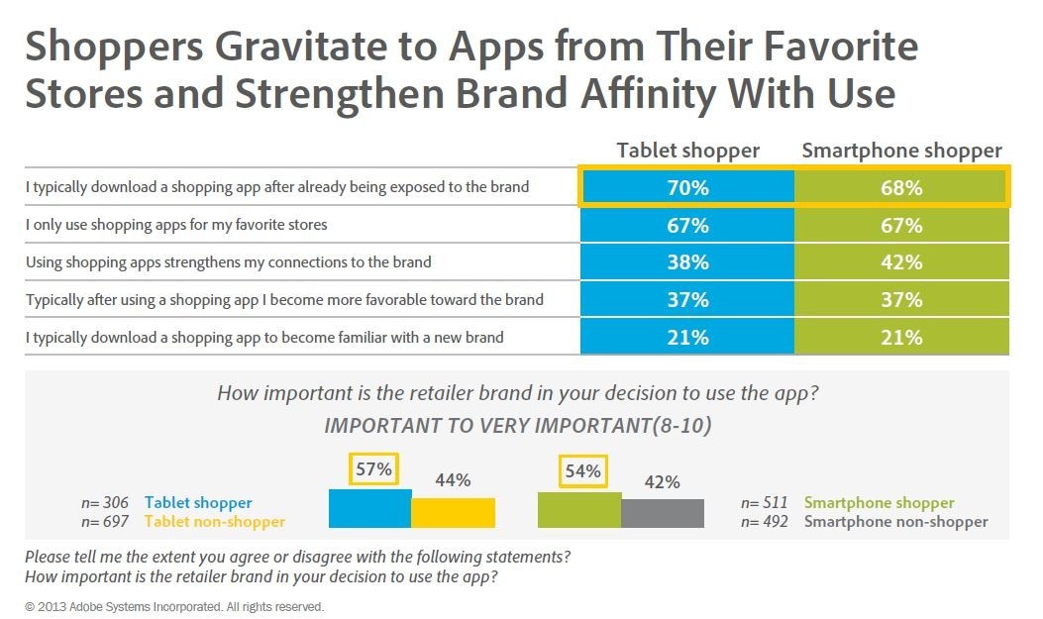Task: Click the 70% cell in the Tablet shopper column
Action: tap(687, 187)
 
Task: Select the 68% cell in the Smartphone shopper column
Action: tap(901, 187)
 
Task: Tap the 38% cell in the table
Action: tap(687, 262)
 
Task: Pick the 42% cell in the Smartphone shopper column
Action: tap(901, 262)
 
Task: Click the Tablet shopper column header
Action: tap(687, 151)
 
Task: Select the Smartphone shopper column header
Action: tap(901, 151)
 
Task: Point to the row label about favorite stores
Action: tap(176, 225)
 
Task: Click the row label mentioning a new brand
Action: tap(264, 338)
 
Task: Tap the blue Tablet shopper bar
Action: tap(369, 508)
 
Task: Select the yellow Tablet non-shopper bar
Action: tap(453, 512)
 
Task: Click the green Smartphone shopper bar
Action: tap(578, 509)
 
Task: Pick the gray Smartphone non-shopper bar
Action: tap(662, 513)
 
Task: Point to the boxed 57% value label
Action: tap(372, 470)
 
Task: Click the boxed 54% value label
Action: tap(582, 471)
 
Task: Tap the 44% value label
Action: tap(453, 481)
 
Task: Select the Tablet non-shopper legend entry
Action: tap(214, 521)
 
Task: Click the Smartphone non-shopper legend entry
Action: tap(895, 521)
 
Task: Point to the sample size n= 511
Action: tap(766, 503)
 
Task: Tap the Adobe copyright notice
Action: tap(174, 606)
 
